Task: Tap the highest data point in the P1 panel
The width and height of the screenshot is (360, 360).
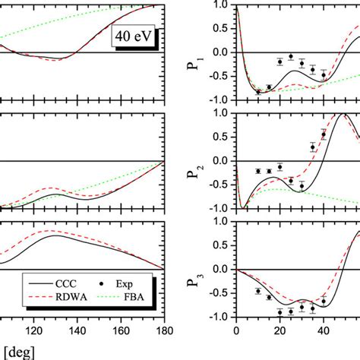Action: point(291,57)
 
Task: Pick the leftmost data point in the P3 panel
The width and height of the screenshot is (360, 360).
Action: point(258,291)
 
